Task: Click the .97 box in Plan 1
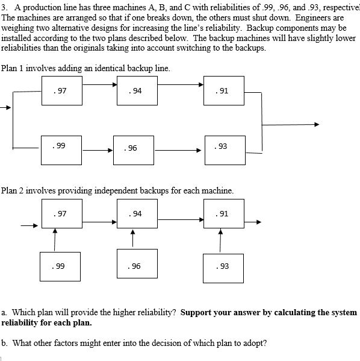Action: pyautogui.click(x=62, y=91)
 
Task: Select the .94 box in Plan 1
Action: pyautogui.click(x=138, y=91)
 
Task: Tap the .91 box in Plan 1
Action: pyautogui.click(x=223, y=91)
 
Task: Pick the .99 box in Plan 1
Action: pyautogui.click(x=61, y=148)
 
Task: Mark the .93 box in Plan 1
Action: pyautogui.click(x=223, y=148)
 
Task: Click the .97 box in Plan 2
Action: pyautogui.click(x=62, y=213)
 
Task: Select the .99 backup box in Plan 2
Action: pyautogui.click(x=61, y=266)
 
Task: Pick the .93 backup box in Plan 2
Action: pyautogui.click(x=223, y=266)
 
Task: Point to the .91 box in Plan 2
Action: pyautogui.click(x=223, y=213)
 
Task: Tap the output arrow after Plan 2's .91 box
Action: pyautogui.click(x=253, y=222)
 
